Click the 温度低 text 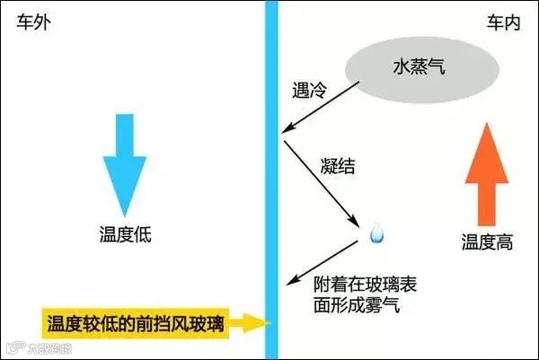click(125, 236)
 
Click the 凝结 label click(336, 165)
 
